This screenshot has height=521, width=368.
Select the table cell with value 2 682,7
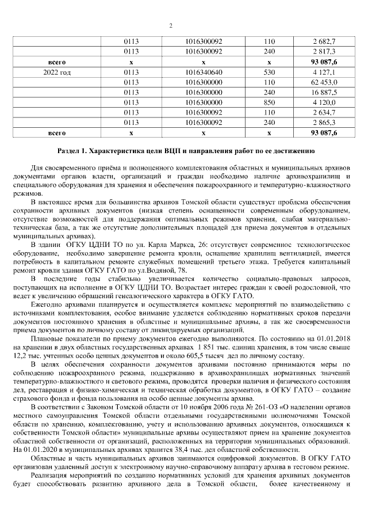(x=324, y=42)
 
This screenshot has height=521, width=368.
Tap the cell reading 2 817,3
(x=324, y=52)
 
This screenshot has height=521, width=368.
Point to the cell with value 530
(x=269, y=72)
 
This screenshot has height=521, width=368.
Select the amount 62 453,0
(x=324, y=82)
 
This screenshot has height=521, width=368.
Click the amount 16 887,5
(x=324, y=92)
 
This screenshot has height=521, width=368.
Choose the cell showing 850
(x=269, y=102)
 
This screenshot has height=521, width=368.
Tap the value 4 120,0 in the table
(x=324, y=102)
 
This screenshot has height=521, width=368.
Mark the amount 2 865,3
(x=324, y=122)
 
